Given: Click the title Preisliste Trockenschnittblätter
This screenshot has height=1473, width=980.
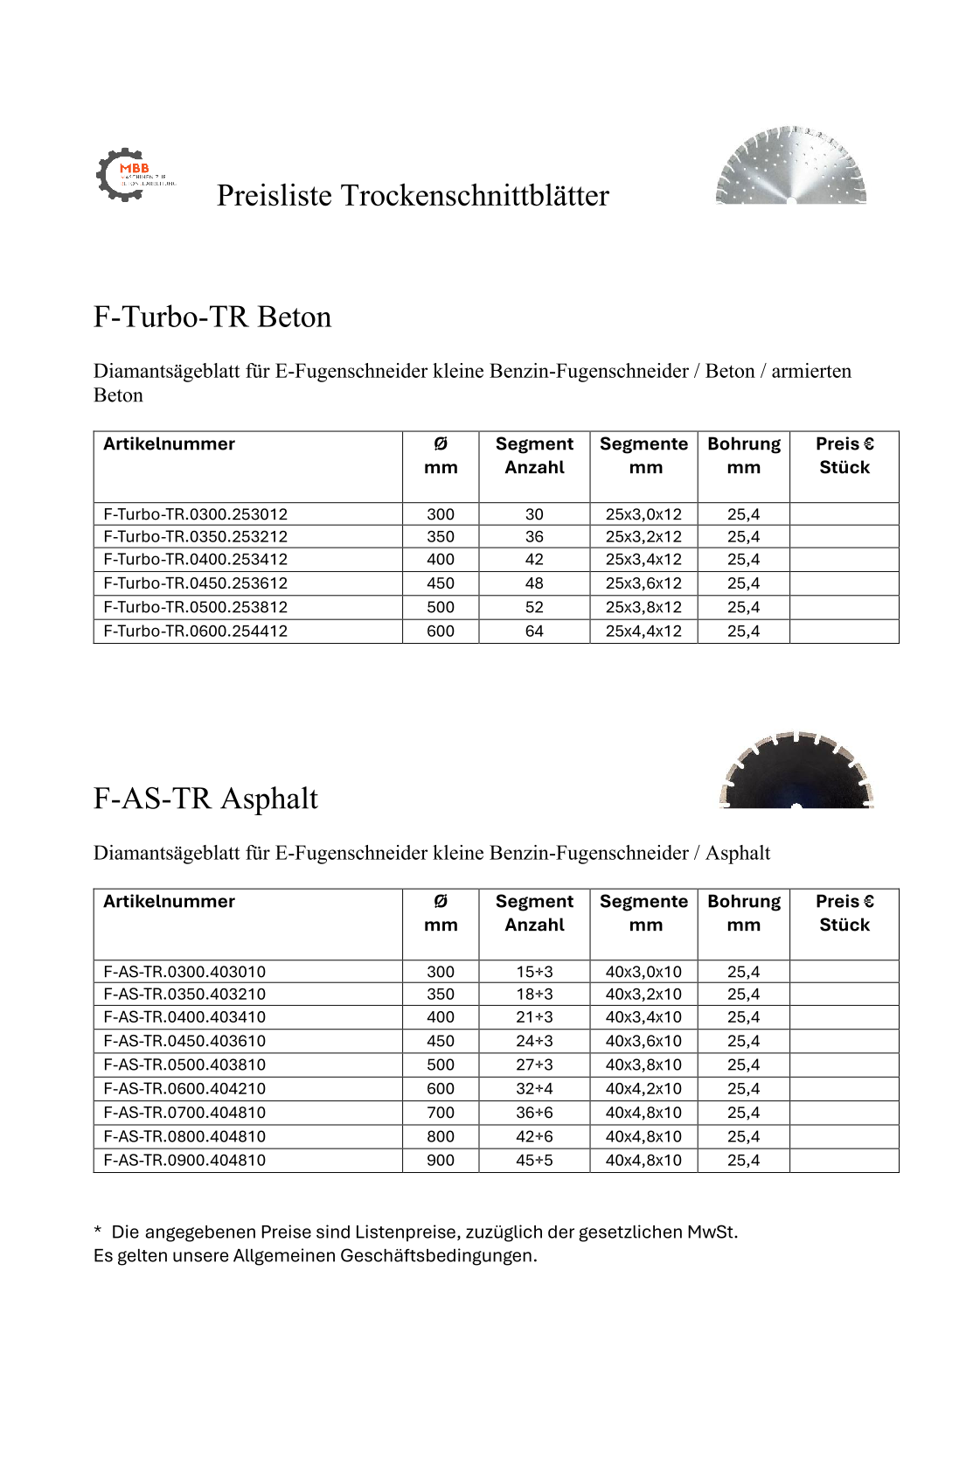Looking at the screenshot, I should point(413,195).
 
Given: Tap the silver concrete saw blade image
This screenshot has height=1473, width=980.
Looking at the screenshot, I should point(790,165).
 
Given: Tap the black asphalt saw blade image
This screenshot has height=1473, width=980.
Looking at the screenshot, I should point(796,771).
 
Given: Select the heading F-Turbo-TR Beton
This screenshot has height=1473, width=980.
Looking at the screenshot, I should point(212,317).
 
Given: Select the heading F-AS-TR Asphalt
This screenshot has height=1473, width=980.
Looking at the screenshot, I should point(205,799).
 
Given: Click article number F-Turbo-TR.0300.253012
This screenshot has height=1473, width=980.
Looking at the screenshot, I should point(195,514).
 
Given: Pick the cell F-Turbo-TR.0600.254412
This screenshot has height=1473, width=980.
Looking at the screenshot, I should point(195,631).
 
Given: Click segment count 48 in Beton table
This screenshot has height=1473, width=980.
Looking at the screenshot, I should point(534,583).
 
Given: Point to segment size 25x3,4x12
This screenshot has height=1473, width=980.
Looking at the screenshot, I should point(643,560).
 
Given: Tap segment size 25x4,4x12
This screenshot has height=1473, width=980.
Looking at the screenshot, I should point(643,631).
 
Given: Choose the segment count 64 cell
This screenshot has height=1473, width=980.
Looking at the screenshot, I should point(534,631).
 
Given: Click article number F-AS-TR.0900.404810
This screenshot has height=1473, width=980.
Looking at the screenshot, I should point(184,1160).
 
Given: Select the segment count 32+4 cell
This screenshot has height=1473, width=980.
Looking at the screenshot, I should point(534,1089).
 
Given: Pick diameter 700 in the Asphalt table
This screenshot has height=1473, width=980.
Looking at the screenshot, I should point(441,1113).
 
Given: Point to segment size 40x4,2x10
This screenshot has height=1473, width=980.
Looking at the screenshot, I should point(643,1089).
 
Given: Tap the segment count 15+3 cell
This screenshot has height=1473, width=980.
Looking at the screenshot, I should point(534,972).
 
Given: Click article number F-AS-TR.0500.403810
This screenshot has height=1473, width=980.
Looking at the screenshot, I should point(184,1065).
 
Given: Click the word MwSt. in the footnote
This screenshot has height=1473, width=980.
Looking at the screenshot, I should point(712,1232).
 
